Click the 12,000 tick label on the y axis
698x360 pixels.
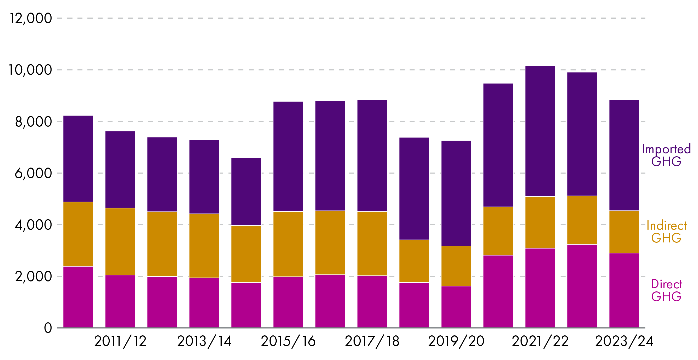pyautogui.click(x=31, y=18)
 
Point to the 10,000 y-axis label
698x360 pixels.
pyautogui.click(x=30, y=70)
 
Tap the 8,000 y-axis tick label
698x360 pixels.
pyautogui.click(x=33, y=122)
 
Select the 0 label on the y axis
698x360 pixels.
pyautogui.click(x=48, y=328)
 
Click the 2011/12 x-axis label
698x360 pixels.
pyautogui.click(x=120, y=341)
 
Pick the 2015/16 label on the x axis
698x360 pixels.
pyautogui.click(x=288, y=341)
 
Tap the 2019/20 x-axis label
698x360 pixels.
pyautogui.click(x=456, y=341)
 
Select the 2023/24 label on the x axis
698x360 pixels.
pyautogui.click(x=624, y=341)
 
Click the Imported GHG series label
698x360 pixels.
pyautogui.click(x=666, y=155)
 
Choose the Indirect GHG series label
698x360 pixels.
pyautogui.click(x=666, y=232)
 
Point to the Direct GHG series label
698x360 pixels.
pyautogui.click(x=666, y=290)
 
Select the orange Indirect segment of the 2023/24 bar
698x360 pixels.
pyautogui.click(x=624, y=232)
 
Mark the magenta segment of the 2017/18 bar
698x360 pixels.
pyautogui.click(x=372, y=302)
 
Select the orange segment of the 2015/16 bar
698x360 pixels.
pyautogui.click(x=288, y=244)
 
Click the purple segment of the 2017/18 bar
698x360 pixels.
pyautogui.click(x=372, y=156)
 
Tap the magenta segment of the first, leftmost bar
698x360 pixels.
pyautogui.click(x=78, y=297)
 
